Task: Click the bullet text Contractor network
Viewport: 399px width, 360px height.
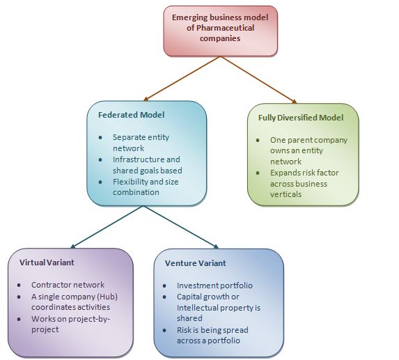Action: pos(68,285)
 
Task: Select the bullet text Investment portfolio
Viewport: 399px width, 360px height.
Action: pos(214,285)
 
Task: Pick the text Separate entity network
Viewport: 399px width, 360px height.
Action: pos(141,143)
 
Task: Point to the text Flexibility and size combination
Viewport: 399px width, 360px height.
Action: pos(146,187)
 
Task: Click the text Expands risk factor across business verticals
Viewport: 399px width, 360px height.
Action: pos(303,184)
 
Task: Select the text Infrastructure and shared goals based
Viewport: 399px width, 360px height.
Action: pos(146,164)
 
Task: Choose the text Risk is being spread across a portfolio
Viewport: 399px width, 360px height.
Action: pos(212,335)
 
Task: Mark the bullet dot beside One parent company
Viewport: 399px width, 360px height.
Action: pos(258,140)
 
